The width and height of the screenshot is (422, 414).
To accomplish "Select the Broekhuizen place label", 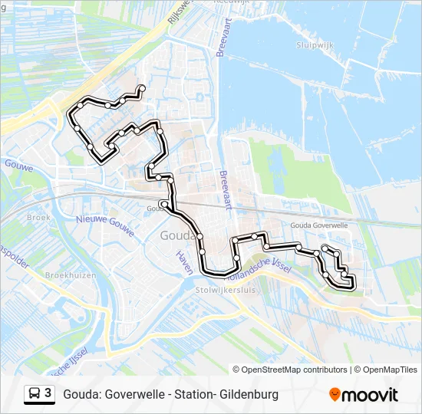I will click(x=71, y=274).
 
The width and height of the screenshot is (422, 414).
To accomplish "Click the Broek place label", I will click(x=38, y=218).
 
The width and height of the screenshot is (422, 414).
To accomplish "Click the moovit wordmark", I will click(x=371, y=395).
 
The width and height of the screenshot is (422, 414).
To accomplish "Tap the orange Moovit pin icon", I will click(x=335, y=395).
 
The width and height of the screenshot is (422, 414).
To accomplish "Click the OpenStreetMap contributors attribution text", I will click(x=295, y=370).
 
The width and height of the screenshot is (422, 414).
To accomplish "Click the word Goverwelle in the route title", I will click(x=135, y=395).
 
